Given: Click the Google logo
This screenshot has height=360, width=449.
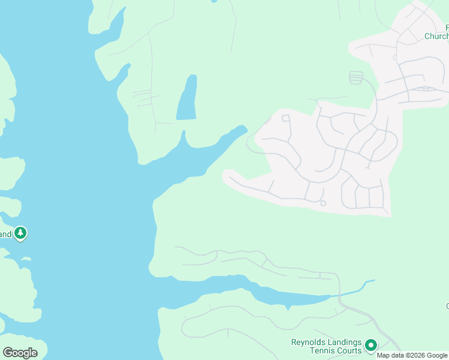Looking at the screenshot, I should click(20, 353).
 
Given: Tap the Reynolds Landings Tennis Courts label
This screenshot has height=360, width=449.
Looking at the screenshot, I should click(327, 346).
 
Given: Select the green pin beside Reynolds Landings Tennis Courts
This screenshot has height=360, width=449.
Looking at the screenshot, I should click(371, 345).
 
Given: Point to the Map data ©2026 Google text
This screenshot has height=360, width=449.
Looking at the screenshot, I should click(412, 355).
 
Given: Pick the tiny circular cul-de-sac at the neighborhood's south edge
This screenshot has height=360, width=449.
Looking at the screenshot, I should click(323, 203).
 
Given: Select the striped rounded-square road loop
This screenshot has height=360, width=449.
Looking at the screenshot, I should click(356, 77).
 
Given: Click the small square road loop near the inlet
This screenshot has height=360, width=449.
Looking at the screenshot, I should click(286, 118).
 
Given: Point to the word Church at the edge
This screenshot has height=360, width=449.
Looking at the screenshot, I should click(436, 37).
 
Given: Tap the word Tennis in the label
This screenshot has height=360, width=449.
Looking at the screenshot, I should click(328, 350).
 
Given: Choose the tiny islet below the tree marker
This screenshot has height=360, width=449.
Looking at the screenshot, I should click(26, 259).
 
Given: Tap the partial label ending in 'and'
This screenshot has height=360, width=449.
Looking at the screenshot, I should click(5, 234).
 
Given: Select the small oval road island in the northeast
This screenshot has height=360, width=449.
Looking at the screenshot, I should click(427, 89).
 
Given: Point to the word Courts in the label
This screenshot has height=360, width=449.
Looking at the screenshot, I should click(351, 350).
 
